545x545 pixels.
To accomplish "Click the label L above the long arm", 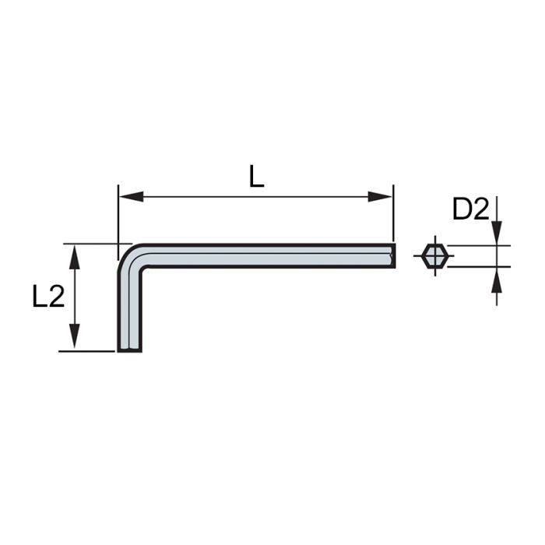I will [257, 177].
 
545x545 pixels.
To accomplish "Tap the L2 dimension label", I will [47, 297].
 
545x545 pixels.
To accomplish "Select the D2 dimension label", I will [469, 209].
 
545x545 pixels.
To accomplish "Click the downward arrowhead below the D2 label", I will [496, 234].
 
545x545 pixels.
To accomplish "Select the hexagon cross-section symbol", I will [433, 255].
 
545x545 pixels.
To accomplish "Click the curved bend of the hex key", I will [132, 258].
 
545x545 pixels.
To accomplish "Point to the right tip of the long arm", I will [392, 255].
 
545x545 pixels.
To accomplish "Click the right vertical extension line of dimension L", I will [393, 214].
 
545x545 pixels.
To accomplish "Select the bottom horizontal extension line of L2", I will [87, 351].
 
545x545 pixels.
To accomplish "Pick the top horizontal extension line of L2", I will [87, 243].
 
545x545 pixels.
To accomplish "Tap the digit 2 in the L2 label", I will [56, 297].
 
